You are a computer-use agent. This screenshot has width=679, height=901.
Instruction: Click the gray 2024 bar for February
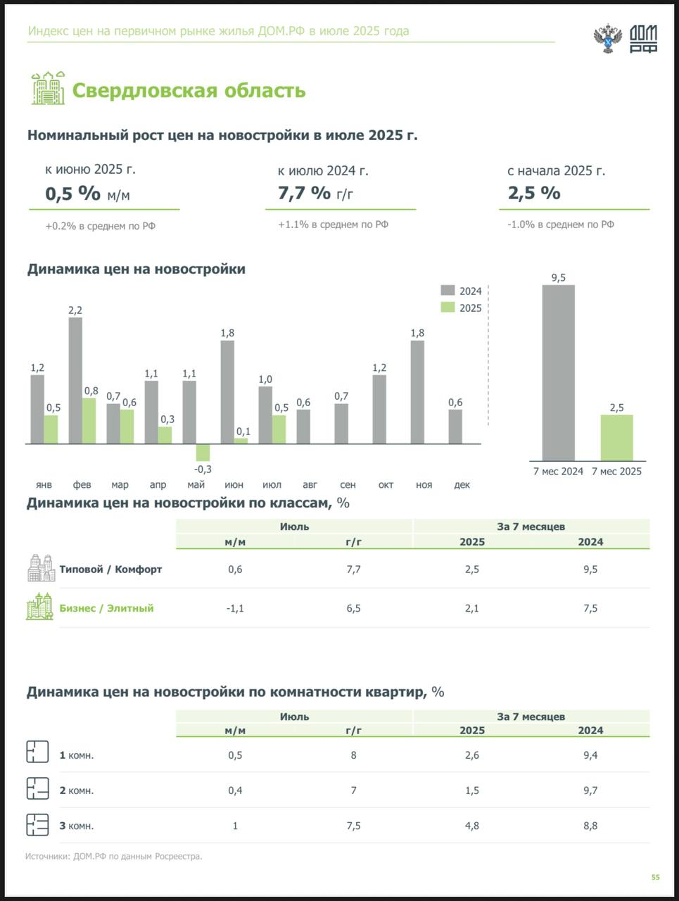75,380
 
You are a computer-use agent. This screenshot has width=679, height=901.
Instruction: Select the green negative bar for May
203,453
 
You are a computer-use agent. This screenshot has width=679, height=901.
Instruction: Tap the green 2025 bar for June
241,441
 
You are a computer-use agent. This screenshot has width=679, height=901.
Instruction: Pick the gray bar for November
417,392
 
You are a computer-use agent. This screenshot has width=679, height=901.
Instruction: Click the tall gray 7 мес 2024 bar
558,372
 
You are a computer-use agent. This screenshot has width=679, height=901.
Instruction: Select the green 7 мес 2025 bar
616,437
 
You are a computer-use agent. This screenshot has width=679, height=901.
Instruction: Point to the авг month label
310,484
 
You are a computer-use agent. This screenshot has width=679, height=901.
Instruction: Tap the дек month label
462,484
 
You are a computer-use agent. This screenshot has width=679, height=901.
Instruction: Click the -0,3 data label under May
203,469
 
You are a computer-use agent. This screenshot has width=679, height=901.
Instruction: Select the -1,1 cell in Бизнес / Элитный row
235,608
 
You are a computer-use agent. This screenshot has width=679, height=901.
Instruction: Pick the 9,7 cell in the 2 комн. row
590,790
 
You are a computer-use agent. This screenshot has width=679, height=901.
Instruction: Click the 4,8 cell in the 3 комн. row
471,826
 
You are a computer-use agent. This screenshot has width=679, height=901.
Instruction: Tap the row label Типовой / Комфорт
110,569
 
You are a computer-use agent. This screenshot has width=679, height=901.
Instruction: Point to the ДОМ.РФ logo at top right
643,38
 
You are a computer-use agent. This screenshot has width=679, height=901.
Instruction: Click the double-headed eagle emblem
607,38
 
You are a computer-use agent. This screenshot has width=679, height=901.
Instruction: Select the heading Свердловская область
189,90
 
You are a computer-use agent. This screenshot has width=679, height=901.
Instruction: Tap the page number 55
655,877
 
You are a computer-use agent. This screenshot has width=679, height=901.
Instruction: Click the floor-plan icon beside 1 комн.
37,752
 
